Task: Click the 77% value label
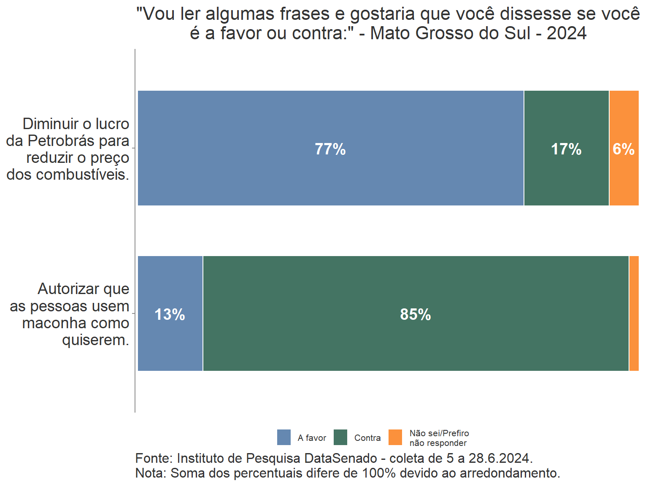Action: [x=330, y=149]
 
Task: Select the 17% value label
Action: [x=566, y=149]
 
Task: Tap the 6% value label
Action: [x=624, y=149]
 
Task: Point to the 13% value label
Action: [x=170, y=314]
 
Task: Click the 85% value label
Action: [x=416, y=314]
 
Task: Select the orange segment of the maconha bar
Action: [x=634, y=313]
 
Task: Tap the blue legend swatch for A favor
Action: [x=284, y=437]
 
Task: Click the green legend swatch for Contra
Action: [x=340, y=437]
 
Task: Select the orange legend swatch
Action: [x=395, y=437]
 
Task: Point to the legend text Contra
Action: [x=367, y=438]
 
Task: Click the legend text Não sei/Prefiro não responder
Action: [x=439, y=438]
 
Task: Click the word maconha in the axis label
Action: [x=52, y=323]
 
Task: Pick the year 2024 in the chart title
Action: [x=567, y=33]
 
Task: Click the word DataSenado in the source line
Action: [x=341, y=458]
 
